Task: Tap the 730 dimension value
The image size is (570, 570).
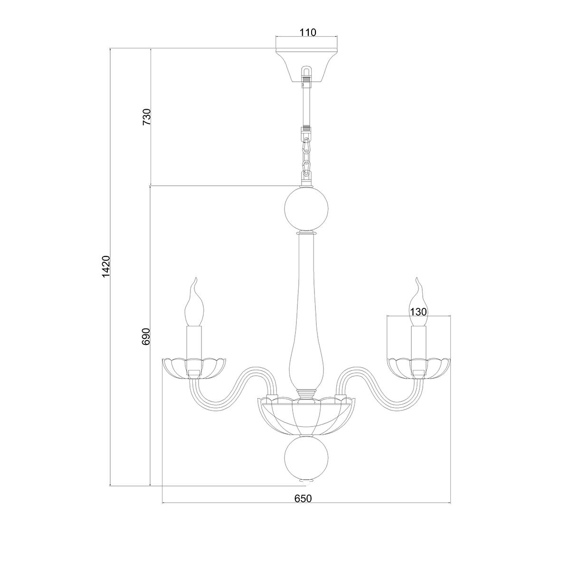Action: tap(147, 117)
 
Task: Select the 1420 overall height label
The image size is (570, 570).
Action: tap(105, 266)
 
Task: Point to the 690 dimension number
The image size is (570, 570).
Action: tap(146, 337)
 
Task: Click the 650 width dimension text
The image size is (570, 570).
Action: tap(303, 507)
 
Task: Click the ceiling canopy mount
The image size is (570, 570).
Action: tap(306, 66)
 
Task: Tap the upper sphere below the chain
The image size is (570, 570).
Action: tap(306, 209)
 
